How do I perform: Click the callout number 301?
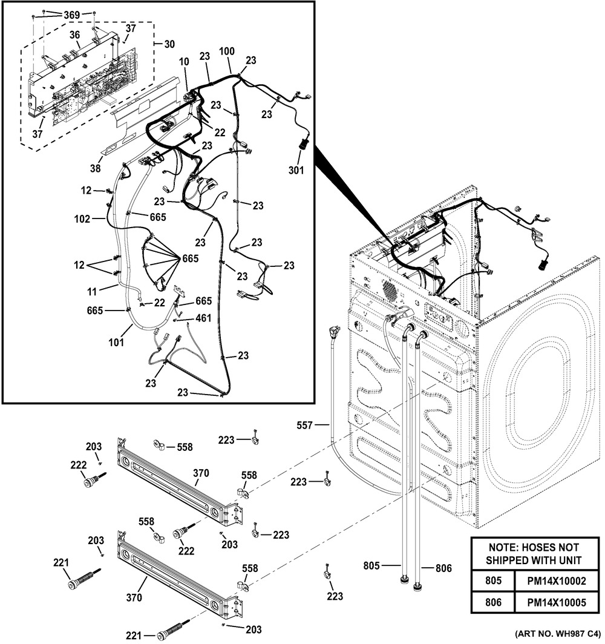tap(296, 170)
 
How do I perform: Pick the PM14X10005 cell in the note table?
tap(557, 603)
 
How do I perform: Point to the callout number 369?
tap(72, 15)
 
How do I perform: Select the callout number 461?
tap(203, 318)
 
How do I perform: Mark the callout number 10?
tap(184, 62)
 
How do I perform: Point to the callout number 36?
tap(74, 35)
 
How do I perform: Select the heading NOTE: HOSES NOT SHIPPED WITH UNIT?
tap(533, 553)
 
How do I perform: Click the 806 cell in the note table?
tap(494, 603)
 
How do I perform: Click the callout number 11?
tap(91, 292)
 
